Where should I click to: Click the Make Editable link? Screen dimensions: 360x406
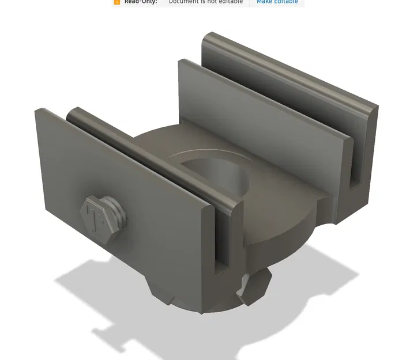point(277,2)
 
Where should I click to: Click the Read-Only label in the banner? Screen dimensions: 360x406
point(141,2)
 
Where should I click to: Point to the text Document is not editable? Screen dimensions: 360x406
point(205,2)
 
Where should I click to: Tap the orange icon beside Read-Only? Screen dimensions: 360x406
point(117,2)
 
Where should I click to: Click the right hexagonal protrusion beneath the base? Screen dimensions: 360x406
point(254,288)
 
